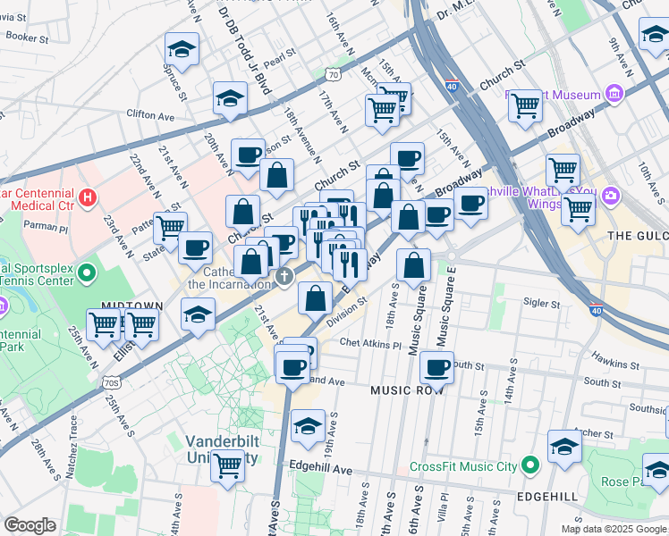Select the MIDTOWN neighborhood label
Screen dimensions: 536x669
point(131,306)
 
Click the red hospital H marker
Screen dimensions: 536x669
point(87,196)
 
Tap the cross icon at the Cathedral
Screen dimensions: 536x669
point(284,275)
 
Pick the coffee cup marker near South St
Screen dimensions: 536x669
point(436,366)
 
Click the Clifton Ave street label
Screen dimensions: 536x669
point(150,115)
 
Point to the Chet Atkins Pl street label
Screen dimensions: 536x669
point(371,345)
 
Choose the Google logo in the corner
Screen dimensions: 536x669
point(30,525)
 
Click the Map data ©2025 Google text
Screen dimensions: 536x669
point(614,529)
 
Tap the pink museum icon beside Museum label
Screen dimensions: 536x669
point(614,94)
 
